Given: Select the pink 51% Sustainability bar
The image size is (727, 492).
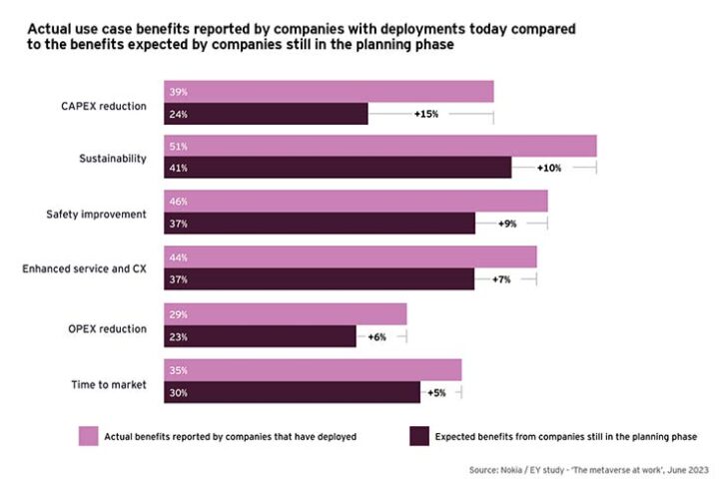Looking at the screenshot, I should click(x=379, y=147).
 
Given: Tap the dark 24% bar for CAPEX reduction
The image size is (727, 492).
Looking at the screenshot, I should click(x=266, y=114).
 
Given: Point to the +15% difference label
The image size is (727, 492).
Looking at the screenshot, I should click(x=426, y=114).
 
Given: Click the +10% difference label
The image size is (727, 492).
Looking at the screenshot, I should click(x=549, y=168).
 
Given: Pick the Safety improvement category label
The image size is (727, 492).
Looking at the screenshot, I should click(x=97, y=214).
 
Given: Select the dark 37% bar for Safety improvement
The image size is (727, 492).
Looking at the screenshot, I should click(x=320, y=224).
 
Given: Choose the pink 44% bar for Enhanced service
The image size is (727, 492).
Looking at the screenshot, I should click(x=350, y=256).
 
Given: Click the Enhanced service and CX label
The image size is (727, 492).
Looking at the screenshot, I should click(x=84, y=268).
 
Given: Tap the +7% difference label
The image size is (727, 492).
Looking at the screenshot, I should click(x=501, y=279).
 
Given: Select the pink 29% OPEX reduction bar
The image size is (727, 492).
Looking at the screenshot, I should click(x=285, y=314).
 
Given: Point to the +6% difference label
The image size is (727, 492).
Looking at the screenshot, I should click(x=376, y=337).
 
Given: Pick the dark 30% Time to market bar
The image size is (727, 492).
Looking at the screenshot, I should click(x=292, y=392).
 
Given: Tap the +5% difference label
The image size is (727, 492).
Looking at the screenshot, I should click(x=436, y=393).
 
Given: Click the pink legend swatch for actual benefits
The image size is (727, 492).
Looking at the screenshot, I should click(x=88, y=436).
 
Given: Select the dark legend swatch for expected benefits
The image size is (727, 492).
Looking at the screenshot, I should click(x=417, y=436).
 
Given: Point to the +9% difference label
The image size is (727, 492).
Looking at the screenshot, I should click(x=507, y=224).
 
